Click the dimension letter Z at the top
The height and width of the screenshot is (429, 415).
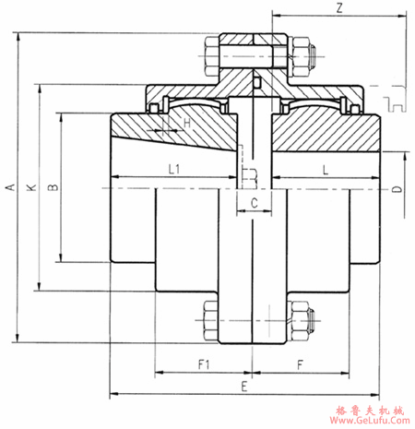340,9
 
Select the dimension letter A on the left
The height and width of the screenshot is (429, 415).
10,187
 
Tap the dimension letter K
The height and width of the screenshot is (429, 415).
31,187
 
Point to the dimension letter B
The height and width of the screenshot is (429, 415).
53,187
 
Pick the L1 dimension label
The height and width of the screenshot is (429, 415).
173,168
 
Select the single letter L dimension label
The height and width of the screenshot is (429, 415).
326,168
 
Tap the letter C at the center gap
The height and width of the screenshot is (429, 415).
253,201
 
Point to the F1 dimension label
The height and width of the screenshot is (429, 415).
204,364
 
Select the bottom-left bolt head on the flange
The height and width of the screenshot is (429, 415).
207,318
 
